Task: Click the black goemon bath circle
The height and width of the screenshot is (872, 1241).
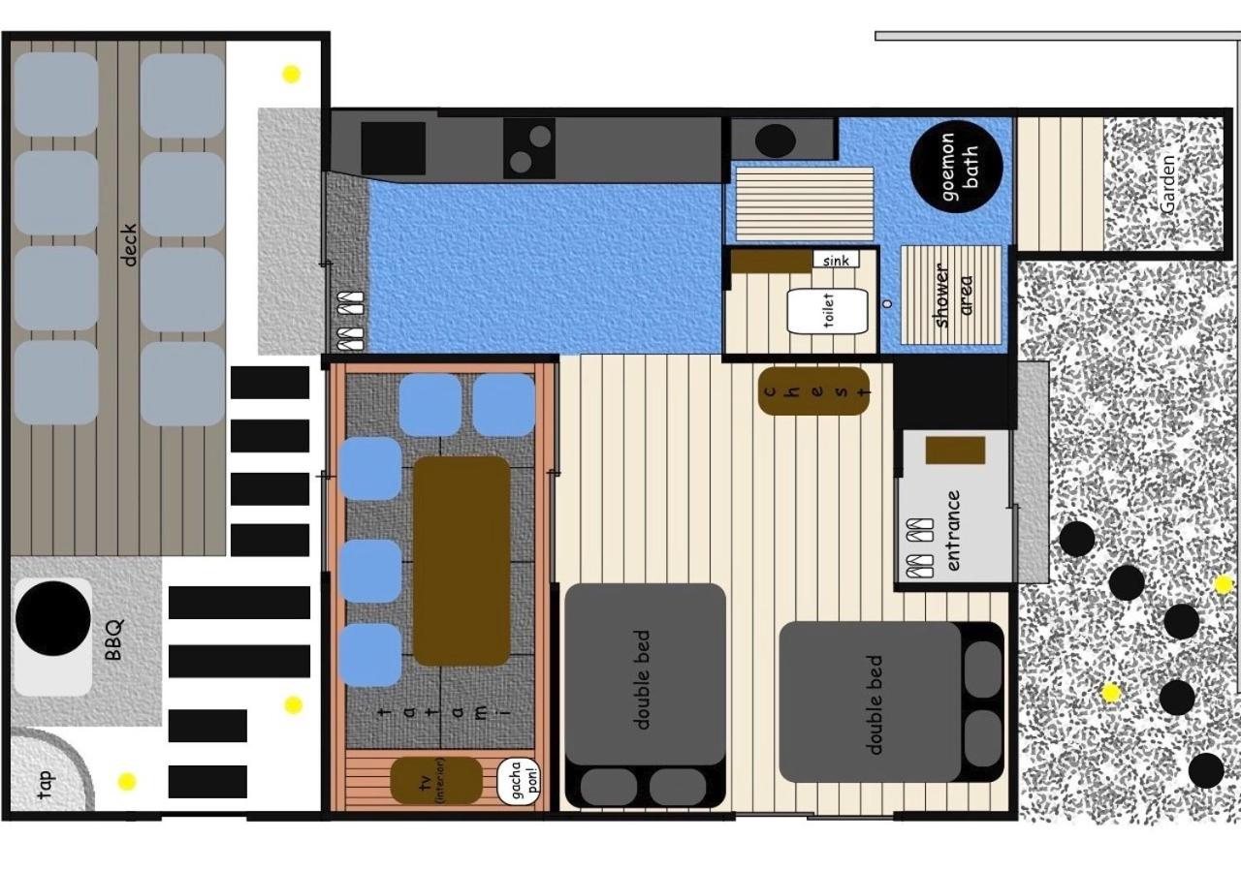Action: click(956, 167)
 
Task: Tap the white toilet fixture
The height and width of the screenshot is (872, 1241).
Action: click(827, 311)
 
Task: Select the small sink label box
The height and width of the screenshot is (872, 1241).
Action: click(836, 259)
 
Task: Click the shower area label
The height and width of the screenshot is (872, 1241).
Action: click(952, 296)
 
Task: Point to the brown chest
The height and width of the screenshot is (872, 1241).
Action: click(813, 391)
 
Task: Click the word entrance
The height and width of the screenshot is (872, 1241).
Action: click(953, 530)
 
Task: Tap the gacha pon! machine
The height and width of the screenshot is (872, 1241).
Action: click(519, 781)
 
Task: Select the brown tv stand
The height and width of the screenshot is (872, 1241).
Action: click(436, 781)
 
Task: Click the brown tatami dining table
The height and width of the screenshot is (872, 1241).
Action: click(461, 561)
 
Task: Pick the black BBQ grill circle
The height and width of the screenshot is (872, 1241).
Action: click(53, 618)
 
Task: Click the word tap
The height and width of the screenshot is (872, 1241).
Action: click(46, 785)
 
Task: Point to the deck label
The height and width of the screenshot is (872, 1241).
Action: click(128, 245)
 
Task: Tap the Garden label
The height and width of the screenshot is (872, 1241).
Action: click(1166, 184)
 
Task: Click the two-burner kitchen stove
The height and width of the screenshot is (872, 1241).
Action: click(529, 148)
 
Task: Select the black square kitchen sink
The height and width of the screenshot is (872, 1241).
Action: click(394, 148)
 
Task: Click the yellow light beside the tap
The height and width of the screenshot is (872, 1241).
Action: click(127, 781)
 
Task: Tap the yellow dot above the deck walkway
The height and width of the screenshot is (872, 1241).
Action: click(292, 74)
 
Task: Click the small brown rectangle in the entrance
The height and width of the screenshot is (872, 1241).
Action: click(955, 451)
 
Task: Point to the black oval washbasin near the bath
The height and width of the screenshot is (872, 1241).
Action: click(775, 140)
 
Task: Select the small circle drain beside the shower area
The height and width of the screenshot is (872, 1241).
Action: click(887, 303)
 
